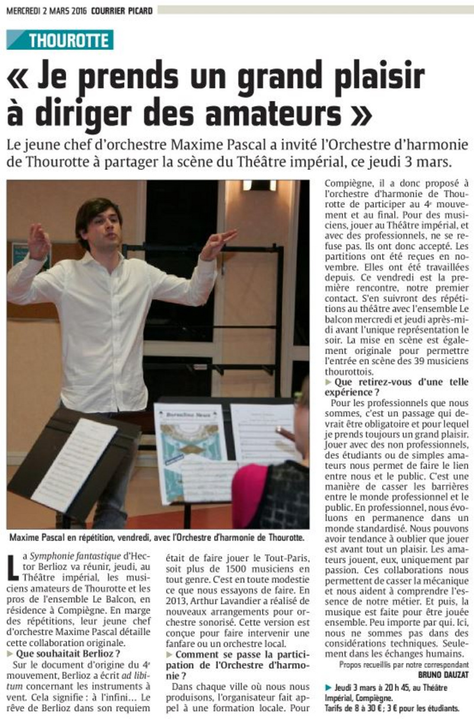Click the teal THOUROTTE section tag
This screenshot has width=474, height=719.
[60, 40]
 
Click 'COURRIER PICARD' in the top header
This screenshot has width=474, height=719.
[121, 10]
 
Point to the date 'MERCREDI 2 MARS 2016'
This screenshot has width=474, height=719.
[46, 10]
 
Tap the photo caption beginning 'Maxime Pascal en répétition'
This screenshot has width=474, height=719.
[156, 538]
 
